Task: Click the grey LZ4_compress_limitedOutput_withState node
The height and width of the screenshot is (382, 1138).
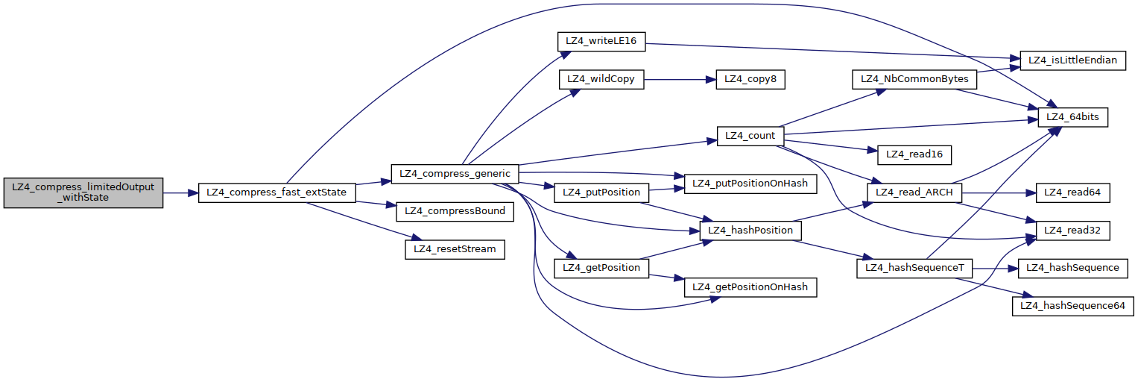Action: click(x=83, y=192)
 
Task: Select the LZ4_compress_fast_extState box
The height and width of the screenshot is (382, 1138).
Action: click(x=277, y=192)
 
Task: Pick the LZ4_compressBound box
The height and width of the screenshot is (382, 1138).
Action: click(x=455, y=211)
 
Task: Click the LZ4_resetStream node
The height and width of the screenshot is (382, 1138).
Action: click(x=455, y=249)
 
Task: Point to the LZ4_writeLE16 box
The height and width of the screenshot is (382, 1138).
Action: click(x=601, y=41)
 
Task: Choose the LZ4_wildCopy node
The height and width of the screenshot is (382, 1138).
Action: click(x=601, y=79)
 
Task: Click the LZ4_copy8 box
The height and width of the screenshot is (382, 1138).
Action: click(x=750, y=79)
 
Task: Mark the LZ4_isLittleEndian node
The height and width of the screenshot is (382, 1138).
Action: click(x=1072, y=60)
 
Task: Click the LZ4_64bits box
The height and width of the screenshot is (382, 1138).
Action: click(x=1073, y=117)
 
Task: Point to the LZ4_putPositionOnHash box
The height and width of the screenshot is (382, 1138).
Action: click(x=750, y=183)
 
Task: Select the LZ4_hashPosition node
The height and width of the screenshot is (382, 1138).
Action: click(x=750, y=231)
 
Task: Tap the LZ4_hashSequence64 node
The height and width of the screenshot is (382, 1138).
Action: click(x=1072, y=306)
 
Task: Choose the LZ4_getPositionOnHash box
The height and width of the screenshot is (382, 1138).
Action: click(x=750, y=287)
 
